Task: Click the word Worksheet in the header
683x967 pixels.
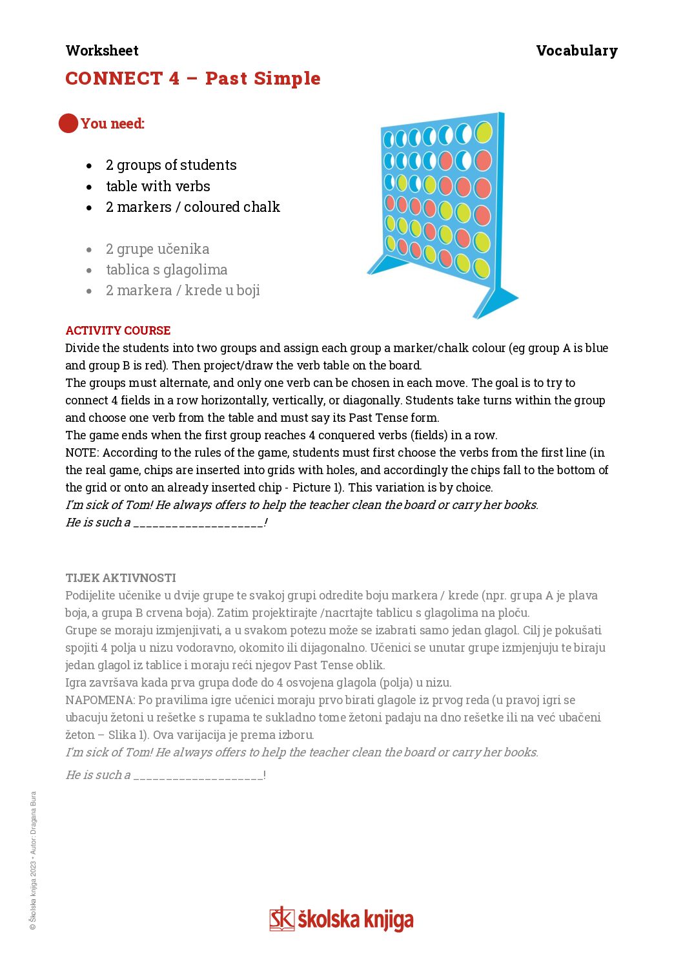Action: tap(102, 50)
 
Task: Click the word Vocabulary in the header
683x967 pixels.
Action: tap(576, 50)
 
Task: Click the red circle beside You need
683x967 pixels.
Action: tap(68, 123)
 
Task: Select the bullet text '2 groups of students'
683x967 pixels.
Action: tap(171, 165)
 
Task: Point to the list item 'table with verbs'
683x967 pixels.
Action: tap(158, 187)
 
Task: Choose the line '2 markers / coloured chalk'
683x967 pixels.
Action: tap(193, 207)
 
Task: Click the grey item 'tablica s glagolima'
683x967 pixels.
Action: tap(167, 270)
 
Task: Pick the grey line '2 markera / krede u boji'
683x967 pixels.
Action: tap(183, 291)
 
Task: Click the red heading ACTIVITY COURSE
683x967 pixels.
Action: tap(118, 331)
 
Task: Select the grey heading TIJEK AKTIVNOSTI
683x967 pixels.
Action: tap(121, 578)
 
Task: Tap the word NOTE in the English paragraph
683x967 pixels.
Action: tap(82, 453)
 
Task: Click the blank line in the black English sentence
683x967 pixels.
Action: tap(198, 523)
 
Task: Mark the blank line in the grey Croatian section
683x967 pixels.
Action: tap(198, 776)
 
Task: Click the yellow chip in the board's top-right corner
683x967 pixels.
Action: tap(484, 132)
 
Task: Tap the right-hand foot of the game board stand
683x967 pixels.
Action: tap(496, 301)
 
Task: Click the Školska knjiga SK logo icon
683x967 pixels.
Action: tap(281, 919)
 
